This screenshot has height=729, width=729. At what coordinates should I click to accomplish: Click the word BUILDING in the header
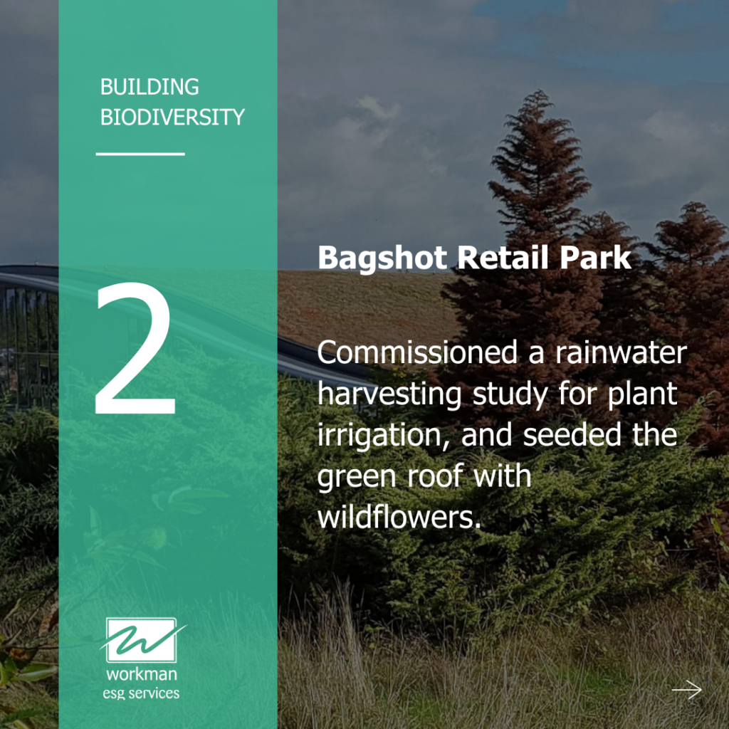click(150, 88)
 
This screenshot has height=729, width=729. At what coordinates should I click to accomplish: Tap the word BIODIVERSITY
click(172, 117)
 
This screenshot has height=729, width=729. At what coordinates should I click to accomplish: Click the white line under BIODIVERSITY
click(140, 153)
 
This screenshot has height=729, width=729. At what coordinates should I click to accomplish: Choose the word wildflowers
click(395, 518)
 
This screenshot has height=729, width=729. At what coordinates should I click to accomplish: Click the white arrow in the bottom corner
click(686, 689)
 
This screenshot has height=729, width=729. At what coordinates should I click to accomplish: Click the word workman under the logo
click(142, 674)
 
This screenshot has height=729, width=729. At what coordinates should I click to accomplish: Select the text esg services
click(142, 692)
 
